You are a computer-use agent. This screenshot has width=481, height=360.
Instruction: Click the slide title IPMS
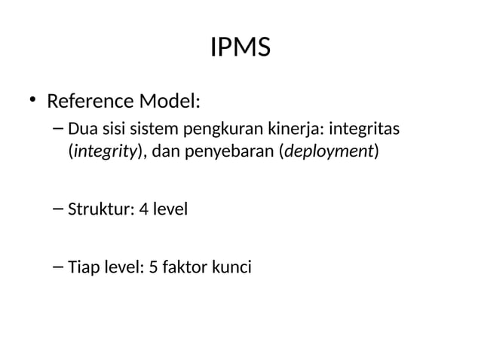(240, 49)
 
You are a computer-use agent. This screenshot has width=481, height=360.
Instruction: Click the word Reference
(89, 100)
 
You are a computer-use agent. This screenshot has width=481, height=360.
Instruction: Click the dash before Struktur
(59, 208)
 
